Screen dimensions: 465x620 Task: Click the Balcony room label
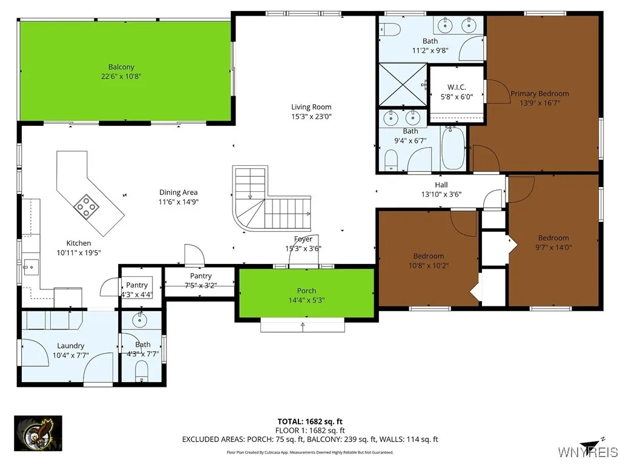click(121, 67)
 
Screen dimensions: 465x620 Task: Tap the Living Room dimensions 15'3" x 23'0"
click(311, 116)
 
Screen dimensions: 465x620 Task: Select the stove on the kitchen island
click(87, 206)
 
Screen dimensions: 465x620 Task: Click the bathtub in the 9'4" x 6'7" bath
click(452, 148)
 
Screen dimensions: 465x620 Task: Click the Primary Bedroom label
click(539, 93)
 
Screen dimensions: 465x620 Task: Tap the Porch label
click(306, 291)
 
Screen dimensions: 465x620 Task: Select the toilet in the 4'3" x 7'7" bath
click(142, 370)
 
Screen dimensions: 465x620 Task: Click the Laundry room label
click(71, 346)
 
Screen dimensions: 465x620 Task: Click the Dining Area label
click(179, 193)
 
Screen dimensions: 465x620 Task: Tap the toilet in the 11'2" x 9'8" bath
click(390, 29)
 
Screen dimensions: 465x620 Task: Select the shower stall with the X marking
click(401, 85)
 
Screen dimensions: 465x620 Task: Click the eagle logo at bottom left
click(38, 433)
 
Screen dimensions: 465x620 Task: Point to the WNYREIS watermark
click(587, 452)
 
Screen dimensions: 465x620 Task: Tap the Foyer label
click(303, 239)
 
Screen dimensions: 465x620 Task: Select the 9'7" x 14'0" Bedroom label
click(553, 238)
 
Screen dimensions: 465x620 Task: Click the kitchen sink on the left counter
click(30, 265)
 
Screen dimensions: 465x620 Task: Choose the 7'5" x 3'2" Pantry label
click(200, 276)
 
